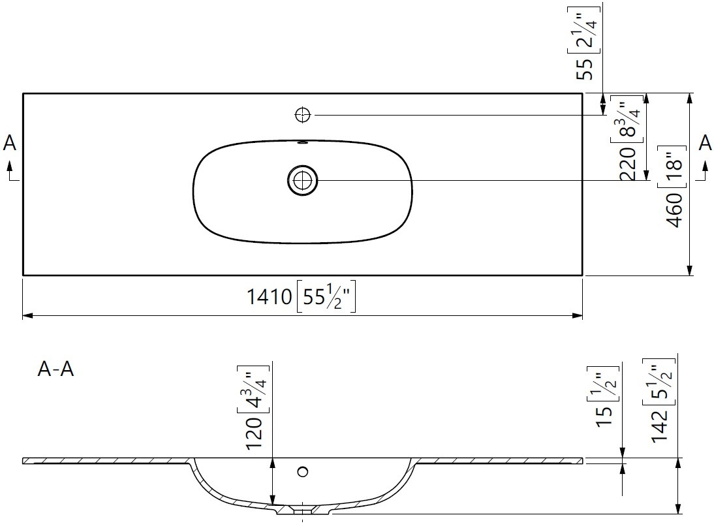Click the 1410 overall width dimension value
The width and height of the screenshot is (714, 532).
(x=269, y=297)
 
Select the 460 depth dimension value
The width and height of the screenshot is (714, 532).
(x=675, y=210)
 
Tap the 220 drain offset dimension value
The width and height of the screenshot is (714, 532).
(x=628, y=164)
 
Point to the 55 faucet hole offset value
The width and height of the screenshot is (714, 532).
(x=585, y=69)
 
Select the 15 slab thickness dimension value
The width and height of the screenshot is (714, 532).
(x=604, y=416)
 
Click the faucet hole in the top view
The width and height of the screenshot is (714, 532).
(x=303, y=116)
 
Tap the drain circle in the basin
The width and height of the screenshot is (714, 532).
(x=303, y=180)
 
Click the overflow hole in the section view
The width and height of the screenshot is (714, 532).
(x=303, y=471)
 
